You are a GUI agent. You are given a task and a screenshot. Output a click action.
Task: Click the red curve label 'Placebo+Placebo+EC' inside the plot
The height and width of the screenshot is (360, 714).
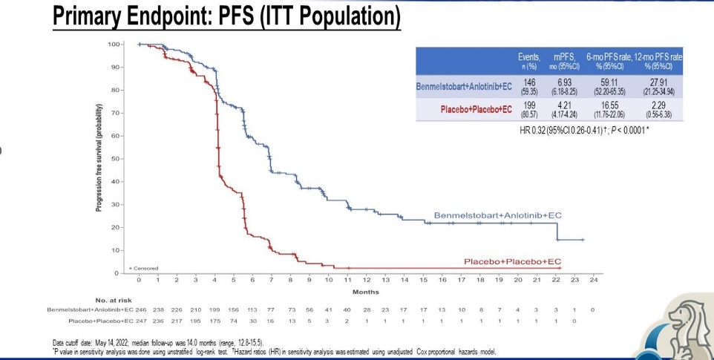tap(513, 262)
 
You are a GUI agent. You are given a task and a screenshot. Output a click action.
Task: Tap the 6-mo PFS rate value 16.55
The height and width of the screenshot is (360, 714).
tap(608, 106)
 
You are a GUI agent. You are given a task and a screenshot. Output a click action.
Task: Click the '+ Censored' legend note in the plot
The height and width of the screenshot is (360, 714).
tap(144, 268)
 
